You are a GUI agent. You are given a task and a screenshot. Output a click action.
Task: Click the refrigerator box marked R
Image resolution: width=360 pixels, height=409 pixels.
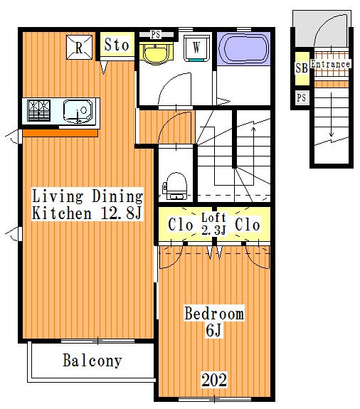[x=79, y=47]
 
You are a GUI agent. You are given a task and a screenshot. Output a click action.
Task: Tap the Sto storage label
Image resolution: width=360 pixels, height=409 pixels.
[x=117, y=45]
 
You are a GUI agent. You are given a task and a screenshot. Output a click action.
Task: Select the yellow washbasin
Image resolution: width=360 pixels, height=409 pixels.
[x=156, y=54]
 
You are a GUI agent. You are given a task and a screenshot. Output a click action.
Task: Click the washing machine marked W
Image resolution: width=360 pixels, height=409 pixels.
[x=197, y=48]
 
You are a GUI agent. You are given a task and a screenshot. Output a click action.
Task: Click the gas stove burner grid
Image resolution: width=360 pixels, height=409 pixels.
[x=39, y=110]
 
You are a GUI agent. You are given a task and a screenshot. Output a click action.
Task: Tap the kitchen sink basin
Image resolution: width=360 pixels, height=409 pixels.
[x=78, y=111]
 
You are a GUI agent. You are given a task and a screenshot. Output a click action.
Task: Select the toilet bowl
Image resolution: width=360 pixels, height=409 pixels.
[x=175, y=186]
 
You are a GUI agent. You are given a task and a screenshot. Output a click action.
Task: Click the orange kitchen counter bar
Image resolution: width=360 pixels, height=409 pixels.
[x=60, y=133]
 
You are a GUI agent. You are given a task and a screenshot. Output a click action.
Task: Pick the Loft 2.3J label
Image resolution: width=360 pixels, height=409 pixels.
[x=213, y=224]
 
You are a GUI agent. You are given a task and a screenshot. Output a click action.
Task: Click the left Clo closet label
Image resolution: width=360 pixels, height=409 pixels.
[x=180, y=225]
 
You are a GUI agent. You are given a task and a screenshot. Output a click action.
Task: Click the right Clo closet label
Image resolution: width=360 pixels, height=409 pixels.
[x=248, y=224]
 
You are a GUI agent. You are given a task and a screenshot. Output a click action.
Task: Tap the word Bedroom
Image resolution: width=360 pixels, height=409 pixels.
[x=214, y=313]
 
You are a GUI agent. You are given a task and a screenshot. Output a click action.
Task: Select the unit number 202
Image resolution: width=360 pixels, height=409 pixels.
[x=214, y=380]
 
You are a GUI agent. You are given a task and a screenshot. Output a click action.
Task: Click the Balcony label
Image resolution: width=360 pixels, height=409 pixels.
[x=92, y=361]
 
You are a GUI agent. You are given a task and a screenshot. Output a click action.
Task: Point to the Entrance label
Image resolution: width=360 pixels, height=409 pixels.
[x=330, y=64]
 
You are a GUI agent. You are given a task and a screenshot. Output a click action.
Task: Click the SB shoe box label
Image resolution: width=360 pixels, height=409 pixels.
[x=302, y=68]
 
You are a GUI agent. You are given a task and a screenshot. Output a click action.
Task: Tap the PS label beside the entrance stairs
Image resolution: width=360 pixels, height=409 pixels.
[x=302, y=98]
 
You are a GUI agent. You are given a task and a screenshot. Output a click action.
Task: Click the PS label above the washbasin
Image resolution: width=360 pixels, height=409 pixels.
[x=156, y=34]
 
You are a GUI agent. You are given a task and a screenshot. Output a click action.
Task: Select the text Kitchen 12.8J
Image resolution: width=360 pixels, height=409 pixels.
[x=87, y=213]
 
